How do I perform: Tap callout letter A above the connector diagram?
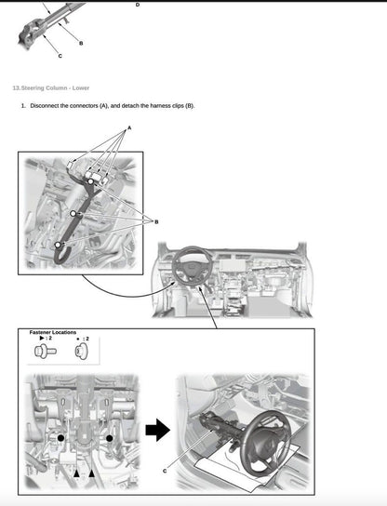129,126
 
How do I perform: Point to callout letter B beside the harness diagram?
156,221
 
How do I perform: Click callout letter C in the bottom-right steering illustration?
165,472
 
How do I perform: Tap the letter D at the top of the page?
138,5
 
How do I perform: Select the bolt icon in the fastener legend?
42,352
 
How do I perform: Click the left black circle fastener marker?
61,436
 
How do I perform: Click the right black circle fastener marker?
110,436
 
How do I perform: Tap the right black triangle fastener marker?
91,473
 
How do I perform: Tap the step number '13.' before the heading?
15,87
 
